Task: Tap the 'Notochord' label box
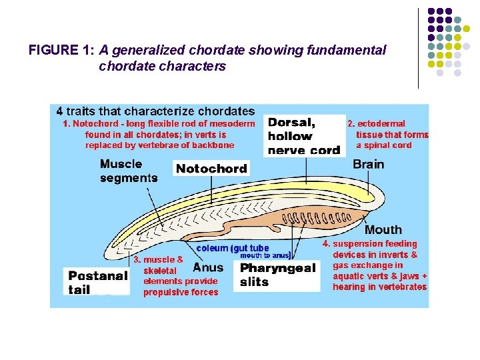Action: point(211,169)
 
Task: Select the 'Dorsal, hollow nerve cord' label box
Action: point(303,135)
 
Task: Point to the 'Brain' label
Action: point(368,164)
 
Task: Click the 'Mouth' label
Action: point(383,230)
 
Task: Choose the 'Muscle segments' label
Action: point(128,171)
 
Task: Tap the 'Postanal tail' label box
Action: point(97,282)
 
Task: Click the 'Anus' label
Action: point(208,267)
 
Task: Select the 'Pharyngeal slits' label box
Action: point(277,275)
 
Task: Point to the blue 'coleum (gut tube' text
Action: point(233,248)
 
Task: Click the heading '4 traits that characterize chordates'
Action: point(155,111)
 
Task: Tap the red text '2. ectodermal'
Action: point(376,123)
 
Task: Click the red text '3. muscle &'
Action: point(159,259)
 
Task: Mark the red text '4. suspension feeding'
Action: point(369,244)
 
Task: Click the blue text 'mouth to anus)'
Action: point(265,255)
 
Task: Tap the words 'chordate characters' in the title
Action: point(162,67)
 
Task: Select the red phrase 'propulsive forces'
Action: point(181,292)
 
